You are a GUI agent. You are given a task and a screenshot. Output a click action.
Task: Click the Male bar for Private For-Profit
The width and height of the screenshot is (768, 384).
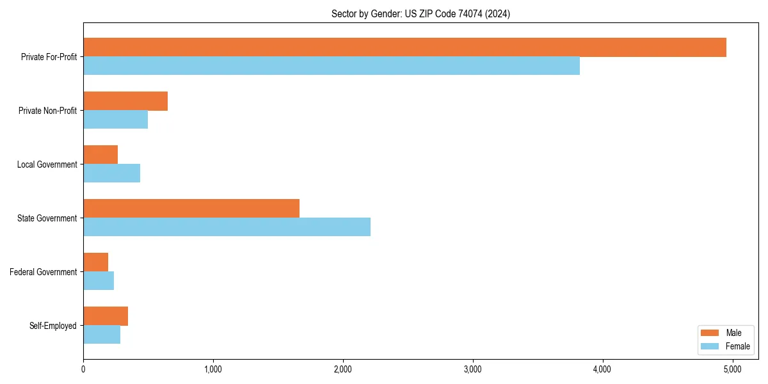coord(404,47)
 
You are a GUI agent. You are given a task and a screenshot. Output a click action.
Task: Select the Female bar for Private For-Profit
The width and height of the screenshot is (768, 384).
coord(332,66)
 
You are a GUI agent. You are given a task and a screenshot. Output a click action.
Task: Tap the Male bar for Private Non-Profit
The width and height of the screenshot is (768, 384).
coord(125,101)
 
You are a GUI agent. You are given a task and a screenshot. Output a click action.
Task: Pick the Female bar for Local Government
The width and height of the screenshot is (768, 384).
coord(111,173)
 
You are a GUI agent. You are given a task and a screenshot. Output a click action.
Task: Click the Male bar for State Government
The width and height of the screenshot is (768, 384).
coord(191,209)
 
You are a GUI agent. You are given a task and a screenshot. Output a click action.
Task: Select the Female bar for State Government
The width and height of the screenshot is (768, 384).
coord(227,227)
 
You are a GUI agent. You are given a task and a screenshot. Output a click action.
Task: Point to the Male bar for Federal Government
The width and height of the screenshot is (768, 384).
coord(96,262)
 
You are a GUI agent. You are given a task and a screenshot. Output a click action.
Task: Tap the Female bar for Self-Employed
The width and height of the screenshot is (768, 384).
coord(102,335)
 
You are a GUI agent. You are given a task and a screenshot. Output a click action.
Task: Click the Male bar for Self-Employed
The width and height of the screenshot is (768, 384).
coord(106,316)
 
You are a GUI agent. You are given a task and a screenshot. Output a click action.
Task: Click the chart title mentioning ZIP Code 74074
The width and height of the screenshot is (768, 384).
coord(420,13)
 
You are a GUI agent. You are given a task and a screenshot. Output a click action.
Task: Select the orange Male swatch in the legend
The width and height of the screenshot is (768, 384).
coord(710,333)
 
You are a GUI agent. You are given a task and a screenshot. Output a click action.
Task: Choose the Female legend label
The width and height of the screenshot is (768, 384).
coord(737,346)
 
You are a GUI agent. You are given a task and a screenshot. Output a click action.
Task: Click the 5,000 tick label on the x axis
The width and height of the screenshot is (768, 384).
coord(732,369)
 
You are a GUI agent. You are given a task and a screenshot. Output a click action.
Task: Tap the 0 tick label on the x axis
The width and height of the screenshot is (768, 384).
coord(83,369)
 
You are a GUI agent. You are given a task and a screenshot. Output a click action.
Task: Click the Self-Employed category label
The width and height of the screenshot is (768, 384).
coord(53,326)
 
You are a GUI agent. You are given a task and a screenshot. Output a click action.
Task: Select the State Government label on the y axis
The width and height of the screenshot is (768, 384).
coord(47,218)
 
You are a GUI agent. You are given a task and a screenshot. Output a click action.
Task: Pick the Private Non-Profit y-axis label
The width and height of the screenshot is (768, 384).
coord(48,111)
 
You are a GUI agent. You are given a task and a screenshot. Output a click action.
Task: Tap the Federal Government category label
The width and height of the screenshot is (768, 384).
coord(44,272)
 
